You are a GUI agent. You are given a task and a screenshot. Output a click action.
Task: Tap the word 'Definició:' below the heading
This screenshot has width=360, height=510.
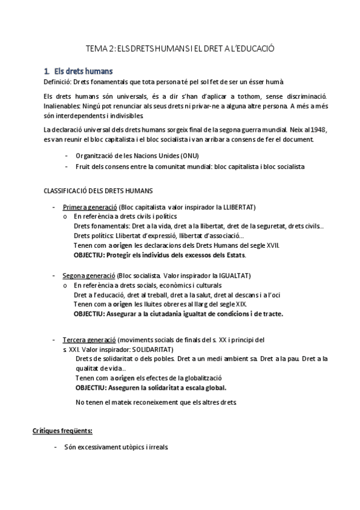[x=58, y=82]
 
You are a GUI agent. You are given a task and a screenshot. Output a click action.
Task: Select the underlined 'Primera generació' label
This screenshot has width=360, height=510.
[x=90, y=207]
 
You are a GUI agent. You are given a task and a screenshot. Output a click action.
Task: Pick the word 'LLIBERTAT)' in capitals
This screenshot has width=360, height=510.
[x=239, y=207]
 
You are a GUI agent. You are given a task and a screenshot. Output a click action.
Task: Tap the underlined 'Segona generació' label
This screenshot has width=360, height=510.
[x=89, y=275]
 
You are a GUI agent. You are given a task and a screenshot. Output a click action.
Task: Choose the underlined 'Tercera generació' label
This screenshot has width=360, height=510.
[x=89, y=340]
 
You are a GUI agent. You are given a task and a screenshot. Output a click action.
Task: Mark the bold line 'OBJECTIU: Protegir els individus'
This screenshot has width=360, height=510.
[x=159, y=255]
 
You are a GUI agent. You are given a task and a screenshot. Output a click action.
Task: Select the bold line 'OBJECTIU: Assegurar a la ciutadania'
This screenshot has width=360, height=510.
[x=178, y=313]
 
